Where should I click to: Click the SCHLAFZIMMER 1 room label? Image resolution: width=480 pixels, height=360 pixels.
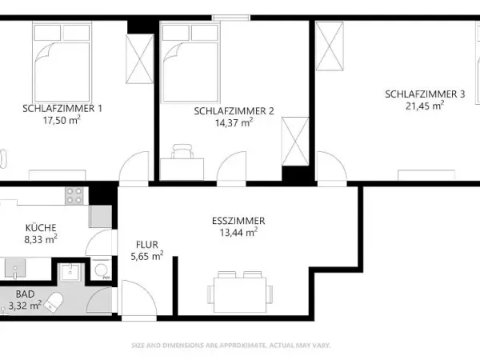pyautogui.click(x=62, y=107)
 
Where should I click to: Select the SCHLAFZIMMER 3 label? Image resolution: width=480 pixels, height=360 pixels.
pyautogui.click(x=425, y=94)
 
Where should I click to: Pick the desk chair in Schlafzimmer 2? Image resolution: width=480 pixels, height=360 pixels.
pyautogui.click(x=183, y=150)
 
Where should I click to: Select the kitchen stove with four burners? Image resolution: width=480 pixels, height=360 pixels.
pyautogui.click(x=74, y=196)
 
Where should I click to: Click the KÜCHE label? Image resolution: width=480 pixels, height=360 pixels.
pyautogui.click(x=39, y=226)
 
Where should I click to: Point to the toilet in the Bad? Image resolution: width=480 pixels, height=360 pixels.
pyautogui.click(x=54, y=302)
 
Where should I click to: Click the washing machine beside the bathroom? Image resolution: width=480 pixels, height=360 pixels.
pyautogui.click(x=101, y=270)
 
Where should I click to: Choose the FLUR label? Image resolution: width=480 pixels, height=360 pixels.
pyautogui.click(x=148, y=245)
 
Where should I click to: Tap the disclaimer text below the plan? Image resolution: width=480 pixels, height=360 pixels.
pyautogui.click(x=230, y=346)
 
